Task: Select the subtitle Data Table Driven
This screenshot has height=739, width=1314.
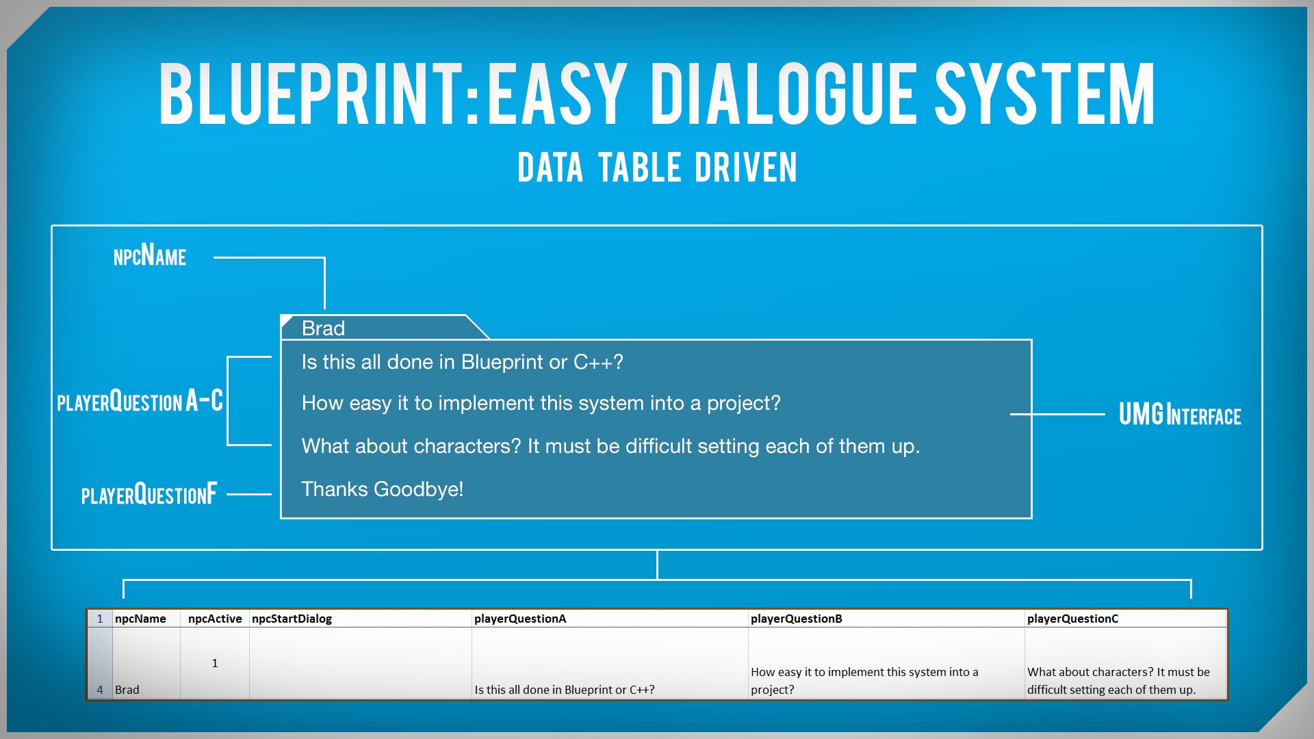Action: tap(657, 168)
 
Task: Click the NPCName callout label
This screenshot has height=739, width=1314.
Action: tap(149, 257)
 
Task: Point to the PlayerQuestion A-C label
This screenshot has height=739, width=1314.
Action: tap(140, 401)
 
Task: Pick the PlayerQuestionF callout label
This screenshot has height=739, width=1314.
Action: tap(149, 494)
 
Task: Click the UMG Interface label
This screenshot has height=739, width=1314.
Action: tap(1179, 415)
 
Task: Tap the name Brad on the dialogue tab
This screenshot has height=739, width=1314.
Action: tap(323, 328)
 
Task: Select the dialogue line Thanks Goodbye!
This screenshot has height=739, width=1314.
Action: tap(382, 489)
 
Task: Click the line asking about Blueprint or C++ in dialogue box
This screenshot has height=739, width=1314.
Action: tap(462, 362)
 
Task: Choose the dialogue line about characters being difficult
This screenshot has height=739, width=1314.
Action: tap(610, 446)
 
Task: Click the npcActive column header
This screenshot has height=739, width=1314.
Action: tap(215, 619)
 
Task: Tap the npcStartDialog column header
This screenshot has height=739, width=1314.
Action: tap(292, 619)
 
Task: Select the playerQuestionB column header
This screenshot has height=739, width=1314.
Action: tap(796, 619)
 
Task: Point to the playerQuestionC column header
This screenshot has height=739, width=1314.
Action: tap(1072, 619)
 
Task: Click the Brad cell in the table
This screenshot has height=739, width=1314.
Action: tap(127, 690)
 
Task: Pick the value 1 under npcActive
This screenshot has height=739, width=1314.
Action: tap(215, 663)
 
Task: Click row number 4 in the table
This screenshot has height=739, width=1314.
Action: tap(100, 690)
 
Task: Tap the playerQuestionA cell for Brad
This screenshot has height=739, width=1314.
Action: tap(564, 690)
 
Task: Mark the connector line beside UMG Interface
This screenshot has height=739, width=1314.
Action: tap(1057, 414)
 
